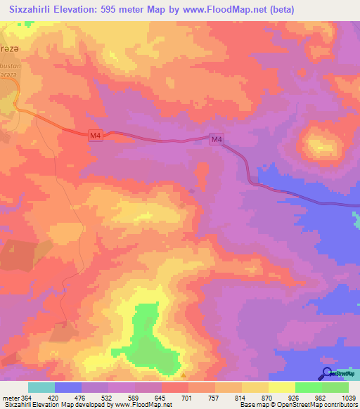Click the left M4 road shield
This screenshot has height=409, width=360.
point(96,136)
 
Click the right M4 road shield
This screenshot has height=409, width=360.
point(217,140)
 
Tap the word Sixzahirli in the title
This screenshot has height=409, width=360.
point(36,10)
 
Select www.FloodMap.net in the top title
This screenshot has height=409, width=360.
point(226,10)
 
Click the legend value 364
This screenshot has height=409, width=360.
point(26,397)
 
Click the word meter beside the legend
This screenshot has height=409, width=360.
point(10,397)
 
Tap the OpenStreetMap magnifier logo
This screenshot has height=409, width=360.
point(327,373)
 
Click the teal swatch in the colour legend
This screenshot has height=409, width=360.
point(41,387)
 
